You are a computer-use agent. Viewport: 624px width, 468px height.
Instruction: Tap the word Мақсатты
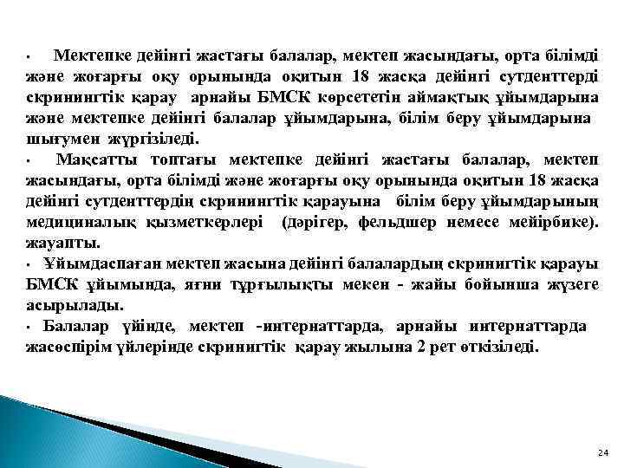(x=97, y=159)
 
